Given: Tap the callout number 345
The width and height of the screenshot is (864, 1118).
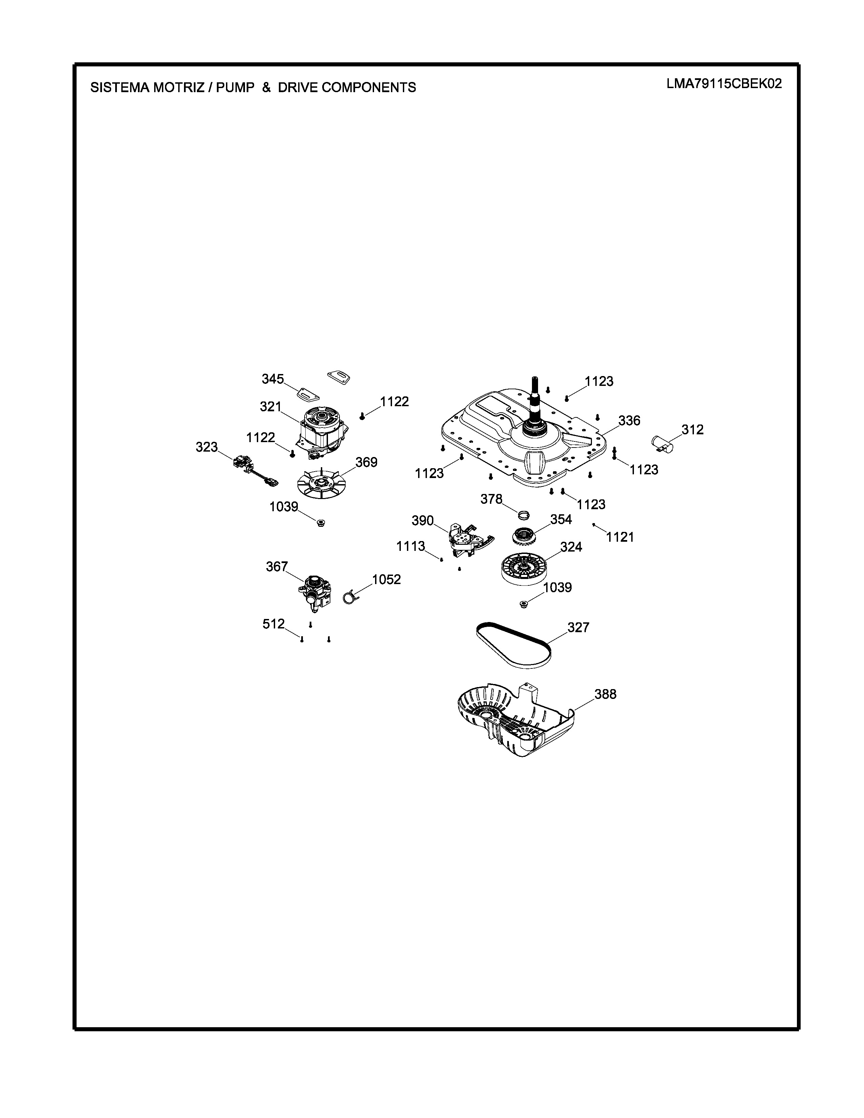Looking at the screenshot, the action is coord(273,379).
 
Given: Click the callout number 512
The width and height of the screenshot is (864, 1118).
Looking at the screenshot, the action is coord(273,624).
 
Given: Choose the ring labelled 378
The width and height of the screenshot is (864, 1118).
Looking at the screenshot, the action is coord(523,514).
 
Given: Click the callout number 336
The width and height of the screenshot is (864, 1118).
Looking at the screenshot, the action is coord(629,420).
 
